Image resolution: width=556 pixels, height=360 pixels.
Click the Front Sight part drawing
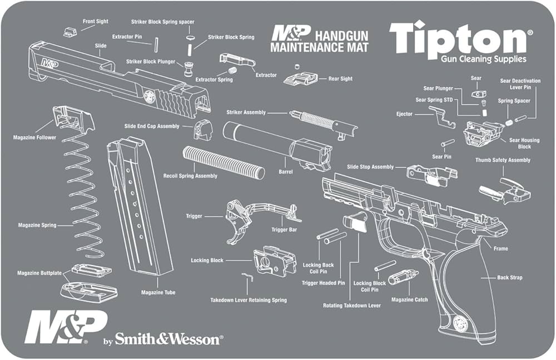point(69,31)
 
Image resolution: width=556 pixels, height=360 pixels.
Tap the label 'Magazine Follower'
point(34,137)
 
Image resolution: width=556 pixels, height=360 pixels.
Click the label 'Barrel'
point(285,172)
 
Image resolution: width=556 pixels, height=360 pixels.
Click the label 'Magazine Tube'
point(158,292)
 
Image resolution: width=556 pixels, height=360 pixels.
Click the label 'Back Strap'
point(509,277)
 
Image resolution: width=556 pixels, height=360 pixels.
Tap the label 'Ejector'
point(405,114)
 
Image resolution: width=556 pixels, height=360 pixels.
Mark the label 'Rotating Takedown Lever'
point(352,306)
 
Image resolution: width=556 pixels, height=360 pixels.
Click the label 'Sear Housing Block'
point(524,143)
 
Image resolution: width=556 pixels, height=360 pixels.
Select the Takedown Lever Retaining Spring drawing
point(248,276)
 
